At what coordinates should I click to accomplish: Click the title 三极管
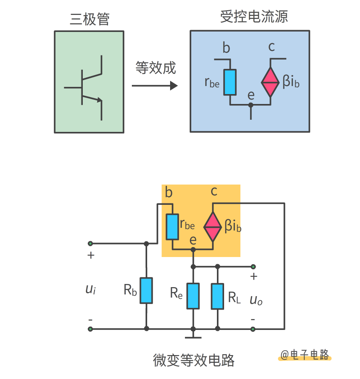(x=90, y=19)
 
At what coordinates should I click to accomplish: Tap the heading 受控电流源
(x=254, y=17)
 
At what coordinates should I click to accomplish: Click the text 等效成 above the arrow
(x=156, y=68)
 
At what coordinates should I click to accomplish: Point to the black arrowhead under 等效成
(x=174, y=86)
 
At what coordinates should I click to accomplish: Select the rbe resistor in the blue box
(x=230, y=82)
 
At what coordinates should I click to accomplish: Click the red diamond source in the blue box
(x=270, y=82)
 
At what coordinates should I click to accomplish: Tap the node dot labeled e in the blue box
(x=251, y=105)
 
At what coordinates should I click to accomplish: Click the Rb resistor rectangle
(x=146, y=290)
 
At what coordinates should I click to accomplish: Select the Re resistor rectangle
(x=193, y=296)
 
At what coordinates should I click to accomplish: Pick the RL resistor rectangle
(x=217, y=296)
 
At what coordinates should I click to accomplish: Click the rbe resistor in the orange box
(x=172, y=227)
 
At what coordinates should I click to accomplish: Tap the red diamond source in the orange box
(x=212, y=227)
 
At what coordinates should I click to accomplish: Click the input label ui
(x=90, y=289)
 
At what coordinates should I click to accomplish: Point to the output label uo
(x=256, y=300)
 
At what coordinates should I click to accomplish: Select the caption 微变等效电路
(x=194, y=360)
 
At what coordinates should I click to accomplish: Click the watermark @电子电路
(x=305, y=355)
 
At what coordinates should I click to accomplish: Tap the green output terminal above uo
(x=253, y=266)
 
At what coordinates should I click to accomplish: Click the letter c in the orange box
(x=214, y=191)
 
